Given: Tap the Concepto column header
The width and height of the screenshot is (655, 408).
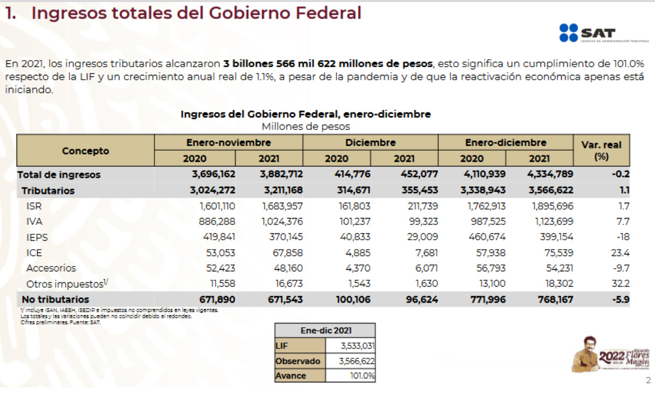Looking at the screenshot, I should [85, 151].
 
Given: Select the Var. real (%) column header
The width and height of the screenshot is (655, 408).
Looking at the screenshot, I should [601, 150].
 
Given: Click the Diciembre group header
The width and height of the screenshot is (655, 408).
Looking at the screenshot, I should [370, 143].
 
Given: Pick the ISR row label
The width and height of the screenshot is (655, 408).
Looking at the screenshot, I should [34, 206].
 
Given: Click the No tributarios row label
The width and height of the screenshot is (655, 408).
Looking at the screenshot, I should [55, 299].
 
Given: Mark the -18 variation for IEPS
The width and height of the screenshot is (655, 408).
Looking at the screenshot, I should [623, 237].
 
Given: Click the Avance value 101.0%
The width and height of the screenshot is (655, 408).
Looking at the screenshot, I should [362, 376].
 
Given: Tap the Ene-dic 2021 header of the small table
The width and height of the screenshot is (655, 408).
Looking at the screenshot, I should [326, 330].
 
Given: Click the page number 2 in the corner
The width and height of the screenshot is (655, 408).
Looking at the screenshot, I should [648, 381].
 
